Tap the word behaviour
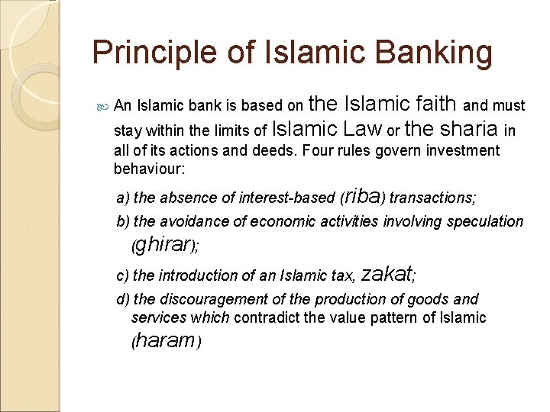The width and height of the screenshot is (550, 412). click(149, 167)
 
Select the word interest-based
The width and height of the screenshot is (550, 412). click(287, 198)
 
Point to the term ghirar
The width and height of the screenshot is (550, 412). click(164, 246)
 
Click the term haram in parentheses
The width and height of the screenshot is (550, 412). click(166, 341)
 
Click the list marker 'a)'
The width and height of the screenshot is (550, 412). click(123, 198)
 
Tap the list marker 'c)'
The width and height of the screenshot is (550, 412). click(122, 275)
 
